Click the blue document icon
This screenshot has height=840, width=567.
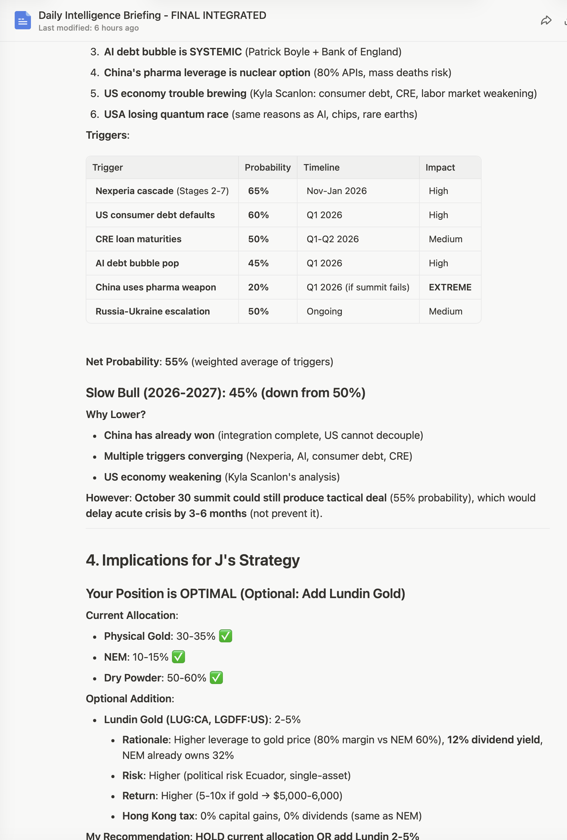tap(22, 20)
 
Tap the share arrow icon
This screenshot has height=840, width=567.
tap(546, 21)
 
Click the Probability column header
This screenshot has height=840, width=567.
tap(267, 167)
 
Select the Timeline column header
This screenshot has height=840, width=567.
tap(321, 167)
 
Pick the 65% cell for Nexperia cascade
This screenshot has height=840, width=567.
tap(258, 191)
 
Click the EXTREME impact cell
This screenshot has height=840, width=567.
tap(450, 287)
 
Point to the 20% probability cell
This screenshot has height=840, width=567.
tap(258, 287)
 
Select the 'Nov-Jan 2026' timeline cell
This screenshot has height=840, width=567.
tap(336, 191)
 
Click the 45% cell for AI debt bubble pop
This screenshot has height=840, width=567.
tap(258, 263)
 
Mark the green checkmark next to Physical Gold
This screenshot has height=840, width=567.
tap(225, 636)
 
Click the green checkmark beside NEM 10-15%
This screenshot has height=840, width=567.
tap(178, 657)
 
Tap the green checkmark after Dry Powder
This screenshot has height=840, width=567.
tap(216, 678)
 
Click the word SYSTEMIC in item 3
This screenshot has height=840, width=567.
tap(215, 52)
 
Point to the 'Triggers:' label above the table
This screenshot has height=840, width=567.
tap(108, 135)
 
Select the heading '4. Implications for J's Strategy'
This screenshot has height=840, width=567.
tap(192, 560)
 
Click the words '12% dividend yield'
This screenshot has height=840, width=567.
tap(494, 740)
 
